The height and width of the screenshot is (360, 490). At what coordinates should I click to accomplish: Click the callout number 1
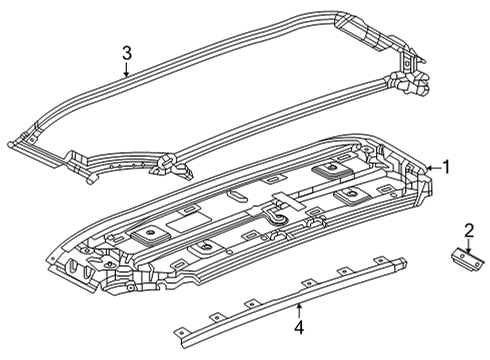pos(446,168)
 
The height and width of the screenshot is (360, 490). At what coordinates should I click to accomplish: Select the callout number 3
pos(126,53)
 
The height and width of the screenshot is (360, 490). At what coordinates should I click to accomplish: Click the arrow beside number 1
pos(431,168)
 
